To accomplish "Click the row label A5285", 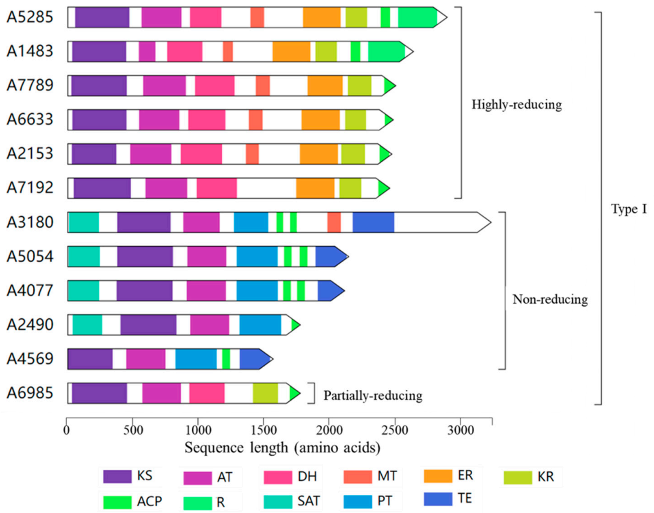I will point(30,17).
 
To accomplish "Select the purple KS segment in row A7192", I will point(102,188).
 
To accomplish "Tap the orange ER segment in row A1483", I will point(291,51).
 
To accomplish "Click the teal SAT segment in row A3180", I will point(83,222).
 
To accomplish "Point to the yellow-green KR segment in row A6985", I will point(265,393).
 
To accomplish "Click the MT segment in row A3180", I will point(334,222).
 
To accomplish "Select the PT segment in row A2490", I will point(260,325).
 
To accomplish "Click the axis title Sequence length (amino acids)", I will point(282,448).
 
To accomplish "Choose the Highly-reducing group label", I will point(516,105).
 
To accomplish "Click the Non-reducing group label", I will point(550,299).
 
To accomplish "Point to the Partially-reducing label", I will point(373,396).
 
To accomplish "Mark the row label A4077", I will point(30,291).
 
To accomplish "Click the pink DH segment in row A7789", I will point(214,85).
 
